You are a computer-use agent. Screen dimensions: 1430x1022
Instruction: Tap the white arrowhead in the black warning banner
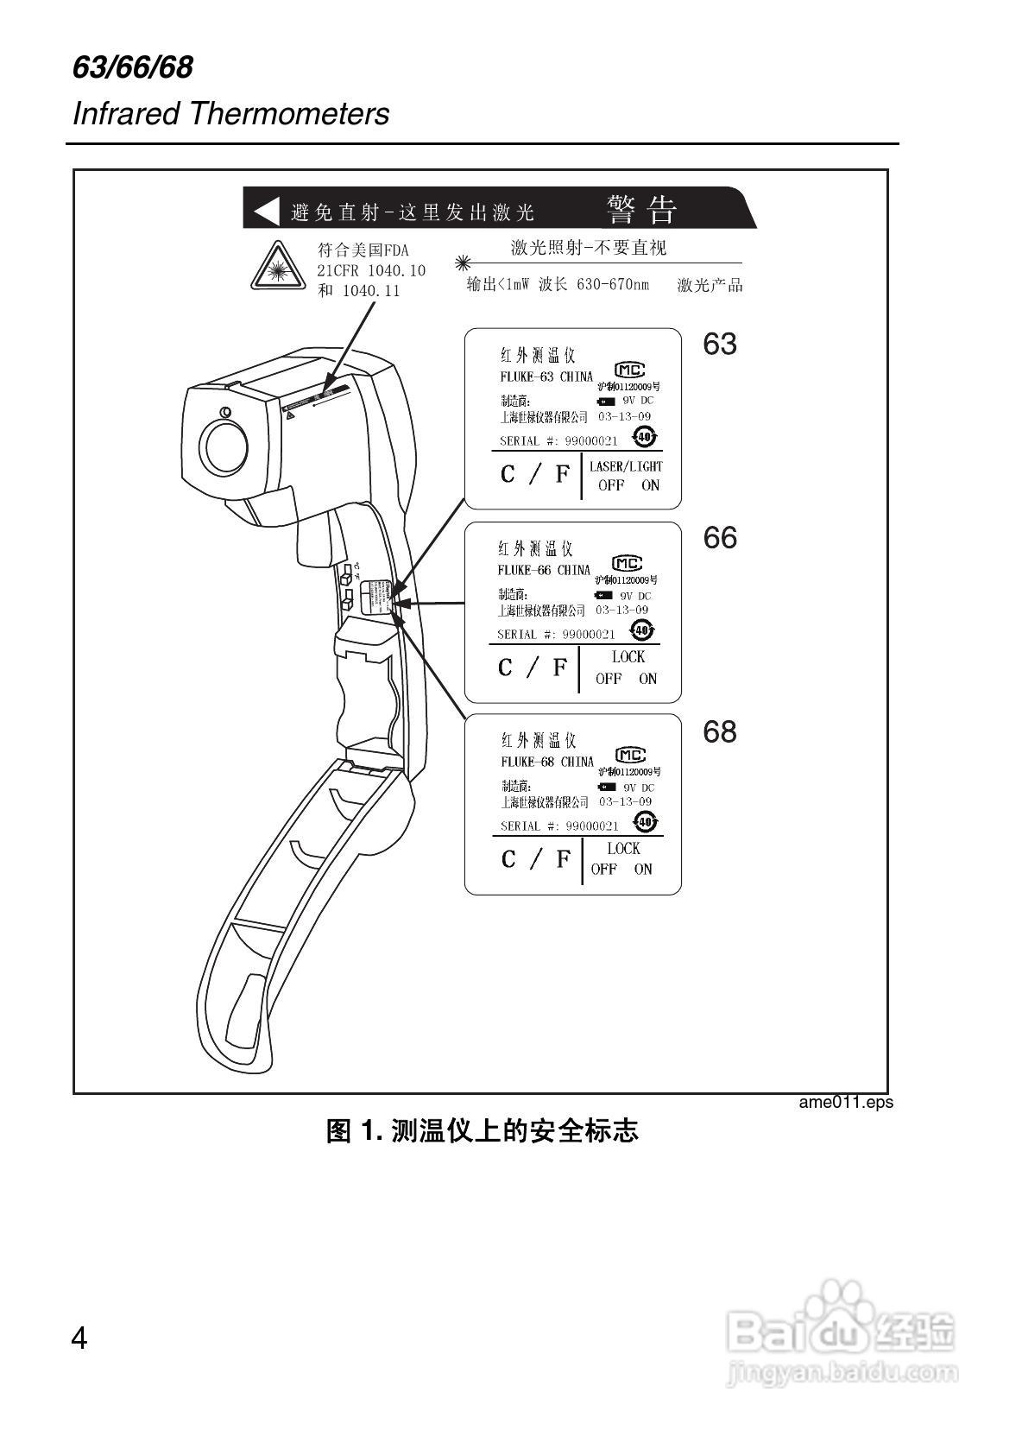(x=267, y=210)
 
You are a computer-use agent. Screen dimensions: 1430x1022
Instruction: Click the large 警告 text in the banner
(x=642, y=209)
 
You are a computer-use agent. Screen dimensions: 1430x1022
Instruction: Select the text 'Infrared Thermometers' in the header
(x=230, y=114)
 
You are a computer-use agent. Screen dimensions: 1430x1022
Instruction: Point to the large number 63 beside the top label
(x=720, y=345)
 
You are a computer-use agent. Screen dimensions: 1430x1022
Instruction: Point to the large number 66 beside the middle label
(x=720, y=538)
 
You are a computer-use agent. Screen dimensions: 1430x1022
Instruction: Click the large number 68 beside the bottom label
(x=720, y=732)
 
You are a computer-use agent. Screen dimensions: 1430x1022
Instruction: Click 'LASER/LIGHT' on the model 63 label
(x=626, y=466)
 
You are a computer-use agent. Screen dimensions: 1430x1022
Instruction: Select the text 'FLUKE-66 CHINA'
(x=544, y=570)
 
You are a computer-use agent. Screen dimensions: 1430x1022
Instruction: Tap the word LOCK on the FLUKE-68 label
(x=623, y=849)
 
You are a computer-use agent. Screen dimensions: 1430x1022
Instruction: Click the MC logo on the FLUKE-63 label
(x=630, y=370)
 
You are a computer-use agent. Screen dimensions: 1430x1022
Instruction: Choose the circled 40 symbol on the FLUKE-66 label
(x=641, y=630)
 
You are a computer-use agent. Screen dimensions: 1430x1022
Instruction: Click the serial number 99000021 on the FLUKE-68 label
(x=592, y=826)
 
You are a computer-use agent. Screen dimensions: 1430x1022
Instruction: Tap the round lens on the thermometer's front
(x=224, y=447)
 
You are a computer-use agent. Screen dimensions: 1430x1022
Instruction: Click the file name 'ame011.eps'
(x=846, y=1102)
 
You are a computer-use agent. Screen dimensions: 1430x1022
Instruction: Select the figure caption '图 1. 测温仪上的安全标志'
(x=482, y=1130)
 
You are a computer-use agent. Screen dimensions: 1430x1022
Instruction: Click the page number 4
(x=79, y=1338)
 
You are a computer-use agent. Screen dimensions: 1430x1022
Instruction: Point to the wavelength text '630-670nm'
(x=613, y=285)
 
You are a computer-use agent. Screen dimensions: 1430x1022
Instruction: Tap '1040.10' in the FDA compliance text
(x=397, y=270)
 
